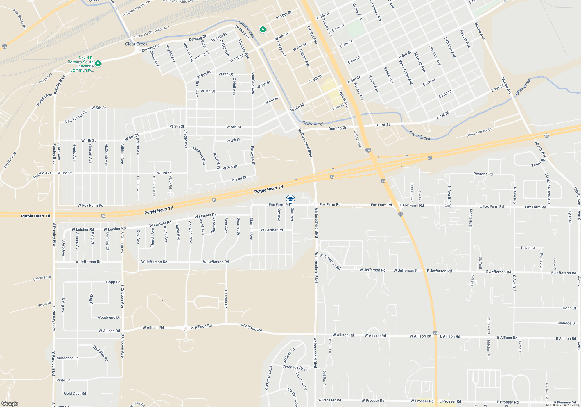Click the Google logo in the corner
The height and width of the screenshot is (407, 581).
tap(10, 404)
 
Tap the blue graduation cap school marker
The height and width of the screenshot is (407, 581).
tap(290, 199)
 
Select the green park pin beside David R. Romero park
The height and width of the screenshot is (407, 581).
tap(98, 63)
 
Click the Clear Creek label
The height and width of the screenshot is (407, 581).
tap(136, 44)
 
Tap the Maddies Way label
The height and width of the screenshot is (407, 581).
tap(199, 156)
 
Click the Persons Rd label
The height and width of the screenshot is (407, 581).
tap(483, 174)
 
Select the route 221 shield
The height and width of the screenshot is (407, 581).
tap(448, 206)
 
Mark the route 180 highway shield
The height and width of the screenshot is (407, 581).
tap(368, 150)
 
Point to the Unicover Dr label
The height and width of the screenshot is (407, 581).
tap(42, 278)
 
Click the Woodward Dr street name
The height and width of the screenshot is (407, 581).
tap(109, 317)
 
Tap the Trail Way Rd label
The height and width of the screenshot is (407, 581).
tap(101, 353)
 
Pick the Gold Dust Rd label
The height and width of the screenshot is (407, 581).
tap(75, 394)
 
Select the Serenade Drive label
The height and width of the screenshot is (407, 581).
tap(295, 368)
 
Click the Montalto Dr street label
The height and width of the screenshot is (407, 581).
tap(471, 219)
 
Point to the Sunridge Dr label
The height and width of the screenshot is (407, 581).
tap(566, 323)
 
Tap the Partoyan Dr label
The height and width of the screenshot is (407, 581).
tap(253, 156)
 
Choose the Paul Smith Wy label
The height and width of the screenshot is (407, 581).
tap(20, 19)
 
